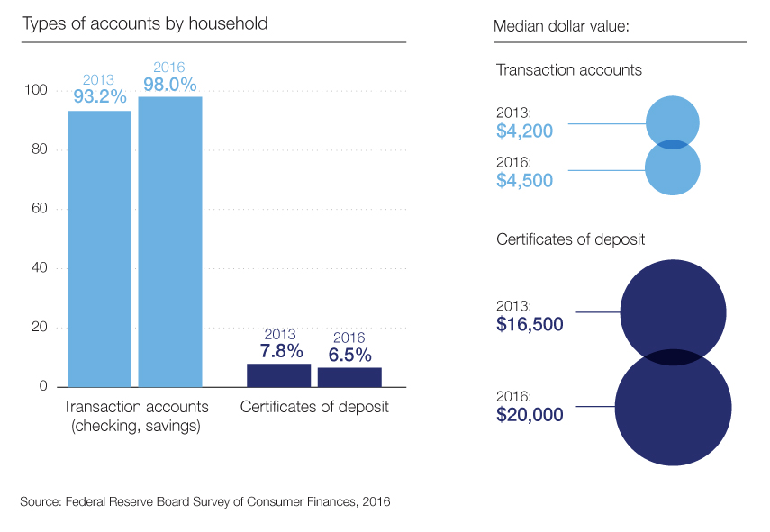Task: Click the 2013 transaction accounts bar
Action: coord(99,248)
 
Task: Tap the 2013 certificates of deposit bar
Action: coord(278,375)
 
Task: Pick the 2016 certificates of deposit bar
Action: coord(349,377)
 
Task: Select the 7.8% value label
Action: coord(278,350)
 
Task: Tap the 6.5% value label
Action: coord(349,355)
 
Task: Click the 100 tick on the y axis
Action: coord(34,90)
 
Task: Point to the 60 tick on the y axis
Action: coord(38,209)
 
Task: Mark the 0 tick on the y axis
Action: coord(41,387)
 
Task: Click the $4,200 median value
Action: coord(524,131)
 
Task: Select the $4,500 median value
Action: coord(524,179)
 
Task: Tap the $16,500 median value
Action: coord(530,323)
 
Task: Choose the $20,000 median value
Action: coord(530,415)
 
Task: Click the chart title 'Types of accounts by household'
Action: coord(144,23)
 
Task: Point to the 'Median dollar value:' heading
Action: coord(560,25)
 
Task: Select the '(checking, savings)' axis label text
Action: coord(135,426)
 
